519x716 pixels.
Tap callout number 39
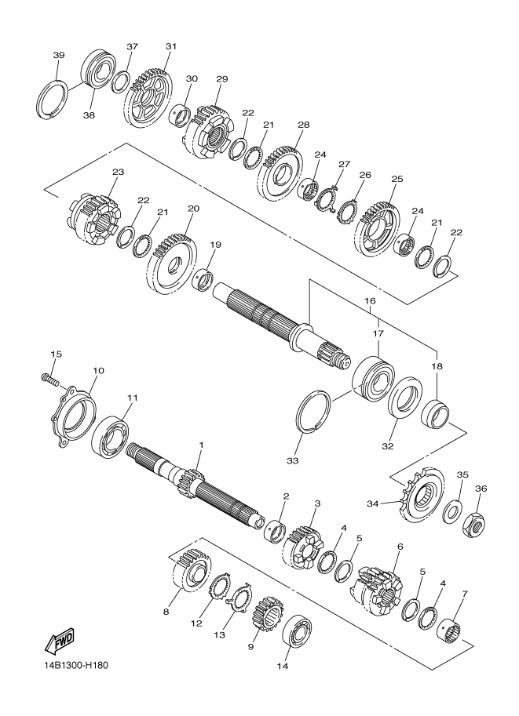59,55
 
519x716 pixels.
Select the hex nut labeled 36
474,523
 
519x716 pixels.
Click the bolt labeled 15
49,379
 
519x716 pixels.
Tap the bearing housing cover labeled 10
73,416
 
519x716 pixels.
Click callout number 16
370,301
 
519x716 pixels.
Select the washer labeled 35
451,511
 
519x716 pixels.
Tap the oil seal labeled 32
405,397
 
